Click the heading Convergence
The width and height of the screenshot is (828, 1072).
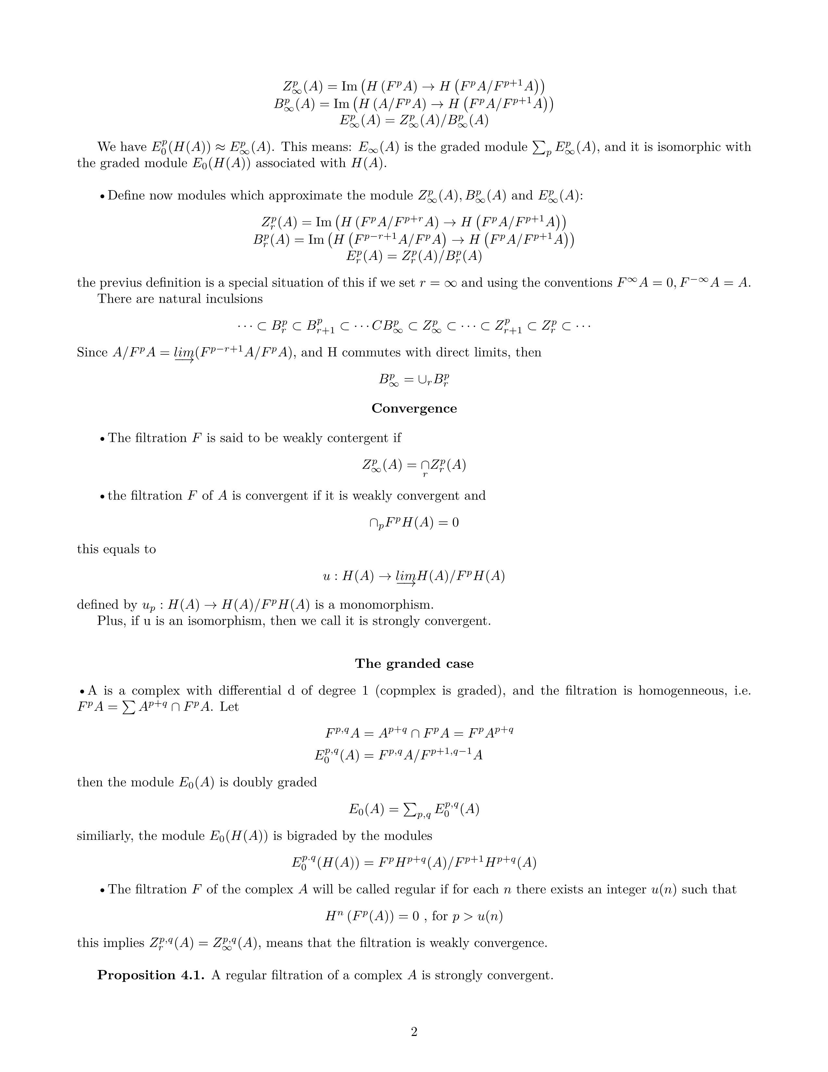point(414,408)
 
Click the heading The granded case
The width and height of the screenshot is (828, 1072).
point(414,664)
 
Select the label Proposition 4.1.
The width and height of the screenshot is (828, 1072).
point(151,975)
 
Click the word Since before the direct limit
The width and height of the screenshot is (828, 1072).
point(92,352)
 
